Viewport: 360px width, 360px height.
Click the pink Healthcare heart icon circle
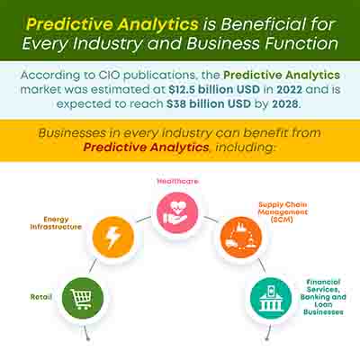(x=177, y=212)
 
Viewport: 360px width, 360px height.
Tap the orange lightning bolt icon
(x=113, y=238)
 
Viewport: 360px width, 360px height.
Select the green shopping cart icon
(x=83, y=298)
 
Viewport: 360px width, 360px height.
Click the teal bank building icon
(x=271, y=298)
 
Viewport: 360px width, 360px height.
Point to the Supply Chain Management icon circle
(x=241, y=238)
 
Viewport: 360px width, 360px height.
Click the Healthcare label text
(x=177, y=181)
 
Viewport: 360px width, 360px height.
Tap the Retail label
(x=41, y=297)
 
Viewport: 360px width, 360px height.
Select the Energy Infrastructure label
(x=56, y=223)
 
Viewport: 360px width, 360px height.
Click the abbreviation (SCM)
(x=282, y=220)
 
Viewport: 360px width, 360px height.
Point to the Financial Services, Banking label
(x=323, y=297)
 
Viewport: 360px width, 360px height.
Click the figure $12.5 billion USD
(x=214, y=89)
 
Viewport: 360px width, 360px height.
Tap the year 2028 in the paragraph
(x=285, y=103)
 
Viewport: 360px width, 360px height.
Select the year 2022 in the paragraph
(x=290, y=89)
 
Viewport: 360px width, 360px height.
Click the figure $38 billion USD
(x=209, y=103)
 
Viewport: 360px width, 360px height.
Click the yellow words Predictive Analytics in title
(x=112, y=24)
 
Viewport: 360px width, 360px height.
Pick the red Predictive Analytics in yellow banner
(x=146, y=148)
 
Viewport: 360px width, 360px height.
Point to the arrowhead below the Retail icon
(x=88, y=338)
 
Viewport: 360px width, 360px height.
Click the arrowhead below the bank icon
(x=266, y=338)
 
